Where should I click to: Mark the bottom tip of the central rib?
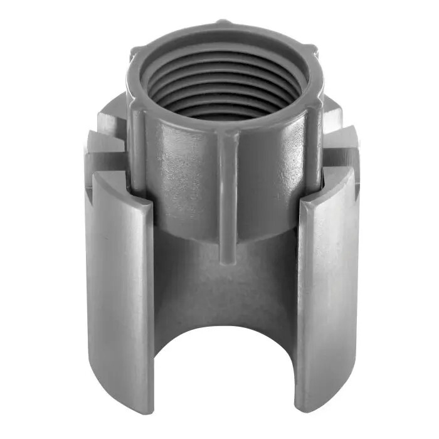click(x=228, y=258)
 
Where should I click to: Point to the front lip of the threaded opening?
click(x=226, y=129)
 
